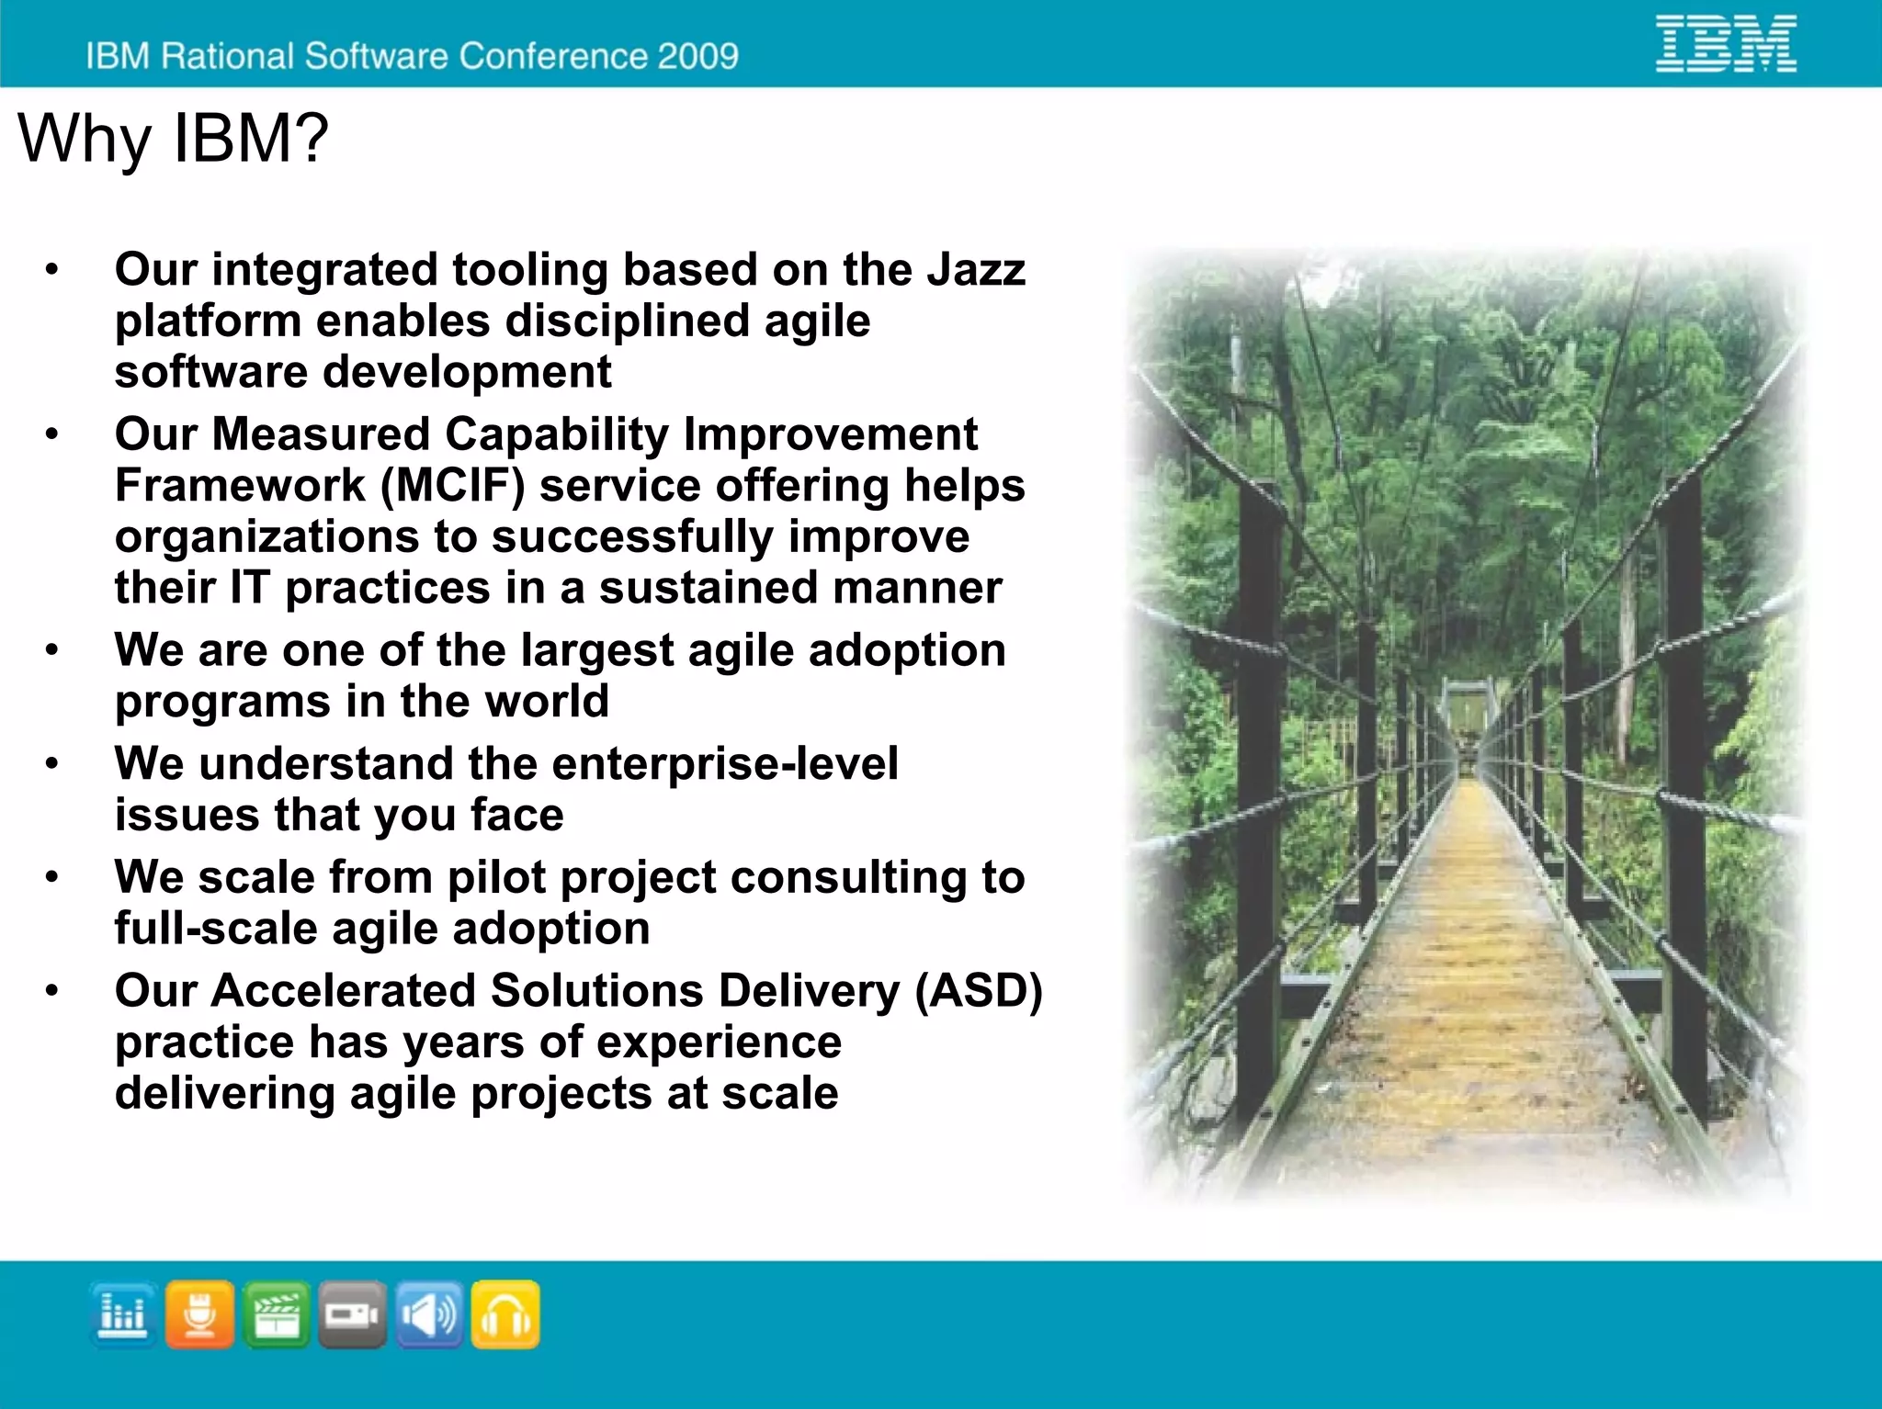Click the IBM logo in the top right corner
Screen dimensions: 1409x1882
(x=1726, y=44)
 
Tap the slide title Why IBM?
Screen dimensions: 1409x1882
(x=173, y=139)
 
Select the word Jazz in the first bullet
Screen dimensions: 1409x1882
(x=975, y=270)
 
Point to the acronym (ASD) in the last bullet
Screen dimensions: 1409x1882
(x=979, y=991)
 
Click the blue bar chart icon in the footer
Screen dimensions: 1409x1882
(x=123, y=1314)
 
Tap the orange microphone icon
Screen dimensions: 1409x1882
(x=199, y=1314)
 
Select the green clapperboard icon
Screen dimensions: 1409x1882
(x=276, y=1314)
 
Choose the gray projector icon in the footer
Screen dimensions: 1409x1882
(x=352, y=1314)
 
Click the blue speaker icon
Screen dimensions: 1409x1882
(x=428, y=1314)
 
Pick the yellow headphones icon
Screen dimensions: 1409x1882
(x=505, y=1314)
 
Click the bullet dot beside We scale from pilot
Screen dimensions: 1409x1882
(x=52, y=877)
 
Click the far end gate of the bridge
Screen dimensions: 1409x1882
(x=1468, y=712)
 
